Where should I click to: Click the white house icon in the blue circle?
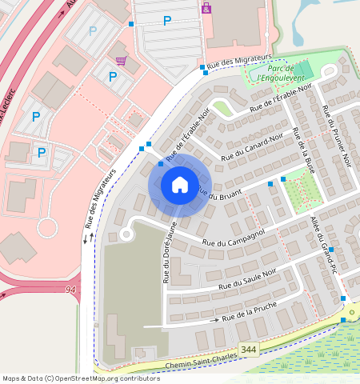click(180, 185)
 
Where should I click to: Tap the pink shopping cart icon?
click(121, 60)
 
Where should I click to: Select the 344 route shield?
click(249, 350)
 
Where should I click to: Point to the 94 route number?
click(71, 289)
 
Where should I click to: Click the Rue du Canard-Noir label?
click(254, 146)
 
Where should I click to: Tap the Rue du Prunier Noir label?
click(336, 136)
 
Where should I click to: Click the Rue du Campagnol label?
click(234, 238)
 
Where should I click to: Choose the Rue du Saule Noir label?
click(250, 280)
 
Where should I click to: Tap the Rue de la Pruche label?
click(254, 314)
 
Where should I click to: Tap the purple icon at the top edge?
click(206, 8)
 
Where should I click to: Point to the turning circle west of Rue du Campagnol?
click(125, 234)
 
